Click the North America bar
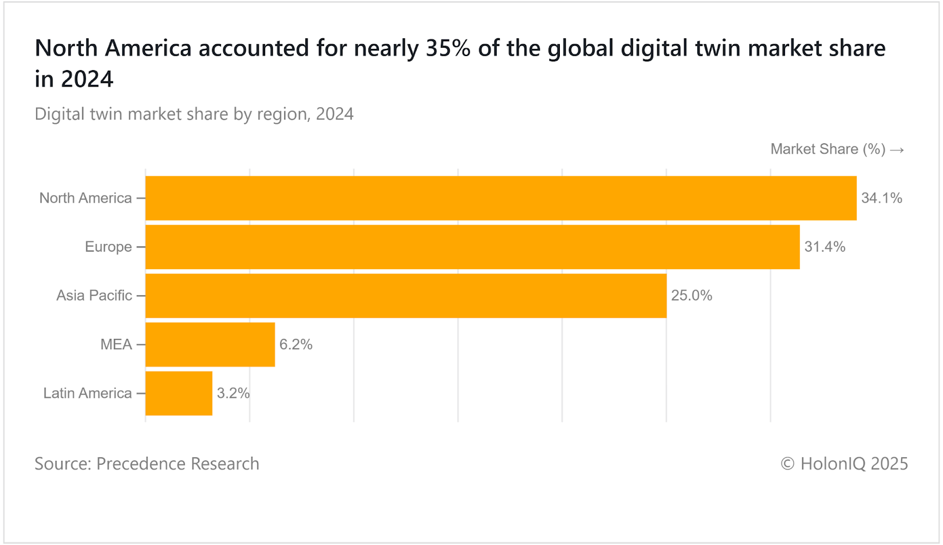tap(501, 198)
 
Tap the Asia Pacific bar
tap(406, 296)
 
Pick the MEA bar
tap(210, 345)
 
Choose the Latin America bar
tap(179, 393)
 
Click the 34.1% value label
tap(882, 198)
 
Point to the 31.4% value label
tap(825, 247)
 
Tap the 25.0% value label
tap(691, 296)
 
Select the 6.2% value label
tap(296, 345)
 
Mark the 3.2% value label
tap(233, 393)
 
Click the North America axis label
tap(85, 198)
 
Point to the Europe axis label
tap(108, 247)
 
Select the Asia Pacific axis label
tap(94, 296)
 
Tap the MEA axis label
tap(116, 345)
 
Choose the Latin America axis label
tap(87, 393)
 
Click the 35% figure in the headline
tap(448, 48)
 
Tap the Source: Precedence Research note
tap(147, 464)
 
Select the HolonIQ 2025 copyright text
tap(844, 464)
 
